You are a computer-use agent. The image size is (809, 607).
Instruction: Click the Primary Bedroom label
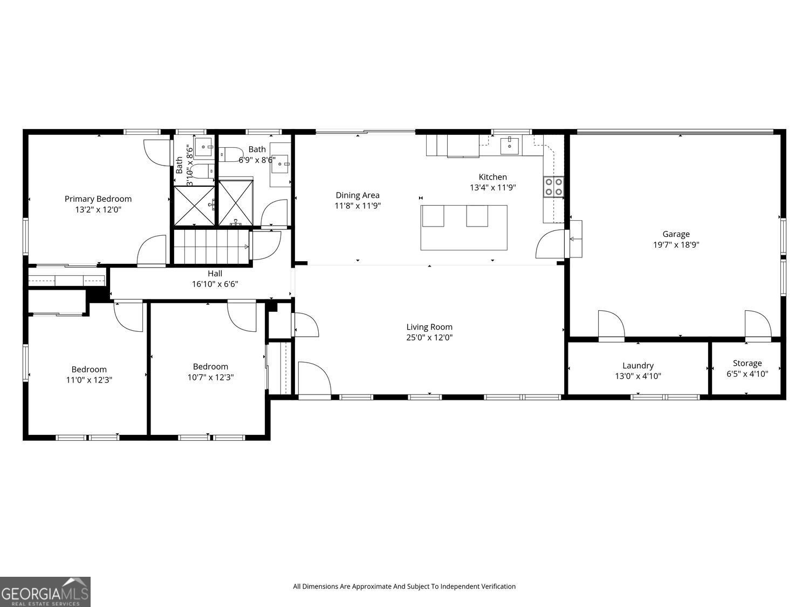click(x=98, y=199)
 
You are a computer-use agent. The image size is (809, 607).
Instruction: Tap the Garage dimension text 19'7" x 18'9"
click(x=676, y=244)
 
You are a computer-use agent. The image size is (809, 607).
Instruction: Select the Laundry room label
click(x=637, y=365)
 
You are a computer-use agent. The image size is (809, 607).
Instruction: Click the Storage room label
click(x=747, y=363)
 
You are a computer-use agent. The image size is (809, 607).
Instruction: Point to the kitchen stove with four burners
click(x=553, y=187)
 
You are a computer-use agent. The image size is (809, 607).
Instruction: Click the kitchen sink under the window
click(x=509, y=145)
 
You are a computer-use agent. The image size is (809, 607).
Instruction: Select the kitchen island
click(x=464, y=227)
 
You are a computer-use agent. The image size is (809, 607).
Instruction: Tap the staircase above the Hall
click(x=211, y=247)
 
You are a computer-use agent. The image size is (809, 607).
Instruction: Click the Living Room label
click(x=429, y=326)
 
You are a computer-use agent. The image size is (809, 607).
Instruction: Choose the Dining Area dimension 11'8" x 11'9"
click(x=358, y=206)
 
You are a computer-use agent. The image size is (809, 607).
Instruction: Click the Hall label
click(x=215, y=274)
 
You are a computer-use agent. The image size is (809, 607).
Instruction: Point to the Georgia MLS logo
click(x=45, y=592)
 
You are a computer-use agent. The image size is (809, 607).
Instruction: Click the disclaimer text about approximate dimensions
click(x=404, y=586)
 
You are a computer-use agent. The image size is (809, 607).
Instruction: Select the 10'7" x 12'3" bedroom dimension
click(x=210, y=377)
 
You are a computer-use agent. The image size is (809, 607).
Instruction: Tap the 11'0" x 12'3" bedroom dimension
click(x=89, y=380)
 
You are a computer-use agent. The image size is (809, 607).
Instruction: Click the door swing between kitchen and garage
click(x=549, y=244)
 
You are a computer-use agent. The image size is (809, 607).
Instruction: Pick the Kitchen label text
click(x=492, y=177)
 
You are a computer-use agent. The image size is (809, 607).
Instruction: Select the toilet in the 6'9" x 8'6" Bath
click(x=227, y=155)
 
